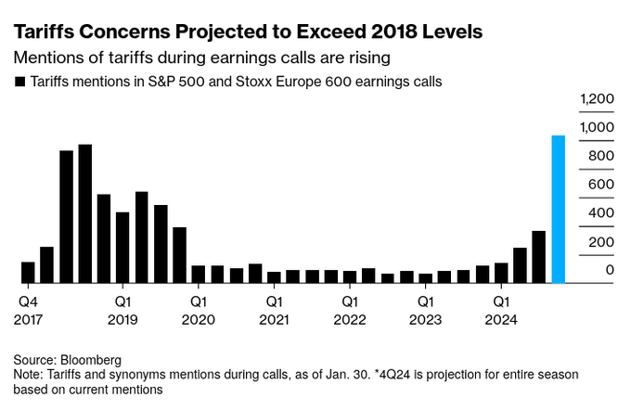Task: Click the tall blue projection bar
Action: click(x=559, y=209)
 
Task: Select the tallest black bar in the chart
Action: click(x=85, y=213)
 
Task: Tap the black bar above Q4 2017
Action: click(x=28, y=272)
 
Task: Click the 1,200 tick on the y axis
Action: click(x=597, y=98)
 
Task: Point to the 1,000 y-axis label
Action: click(x=597, y=127)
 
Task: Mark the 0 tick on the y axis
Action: click(x=610, y=270)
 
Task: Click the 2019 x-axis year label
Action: click(x=123, y=319)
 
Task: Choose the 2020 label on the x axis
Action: click(x=199, y=319)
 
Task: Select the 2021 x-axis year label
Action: click(x=274, y=319)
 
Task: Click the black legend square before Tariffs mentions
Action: click(x=19, y=82)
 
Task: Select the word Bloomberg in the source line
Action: click(x=91, y=359)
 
